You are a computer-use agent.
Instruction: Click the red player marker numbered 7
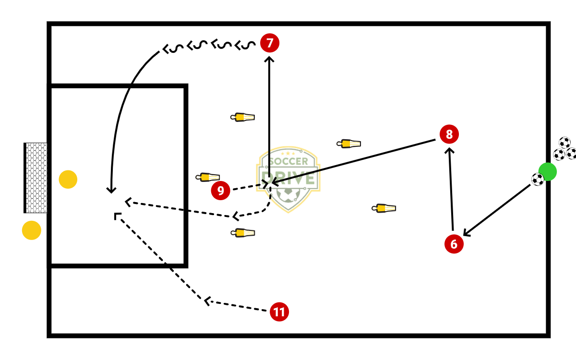[270, 43]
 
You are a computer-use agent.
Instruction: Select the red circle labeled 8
[449, 134]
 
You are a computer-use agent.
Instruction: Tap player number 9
[220, 191]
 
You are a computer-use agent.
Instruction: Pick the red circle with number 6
[454, 244]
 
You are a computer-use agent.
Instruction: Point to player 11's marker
[279, 312]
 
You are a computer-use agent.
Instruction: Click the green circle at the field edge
[547, 171]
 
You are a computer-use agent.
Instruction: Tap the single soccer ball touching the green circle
[538, 179]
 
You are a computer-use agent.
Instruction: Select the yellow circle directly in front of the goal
[68, 180]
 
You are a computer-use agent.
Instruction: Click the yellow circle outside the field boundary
[32, 230]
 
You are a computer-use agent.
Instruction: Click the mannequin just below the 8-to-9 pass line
[349, 144]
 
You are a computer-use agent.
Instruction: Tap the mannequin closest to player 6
[384, 208]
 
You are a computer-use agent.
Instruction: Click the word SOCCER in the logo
[288, 162]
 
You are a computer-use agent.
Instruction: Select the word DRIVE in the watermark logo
[288, 178]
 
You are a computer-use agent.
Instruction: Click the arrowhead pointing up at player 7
[269, 60]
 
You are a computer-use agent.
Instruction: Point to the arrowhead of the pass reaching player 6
[466, 234]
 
